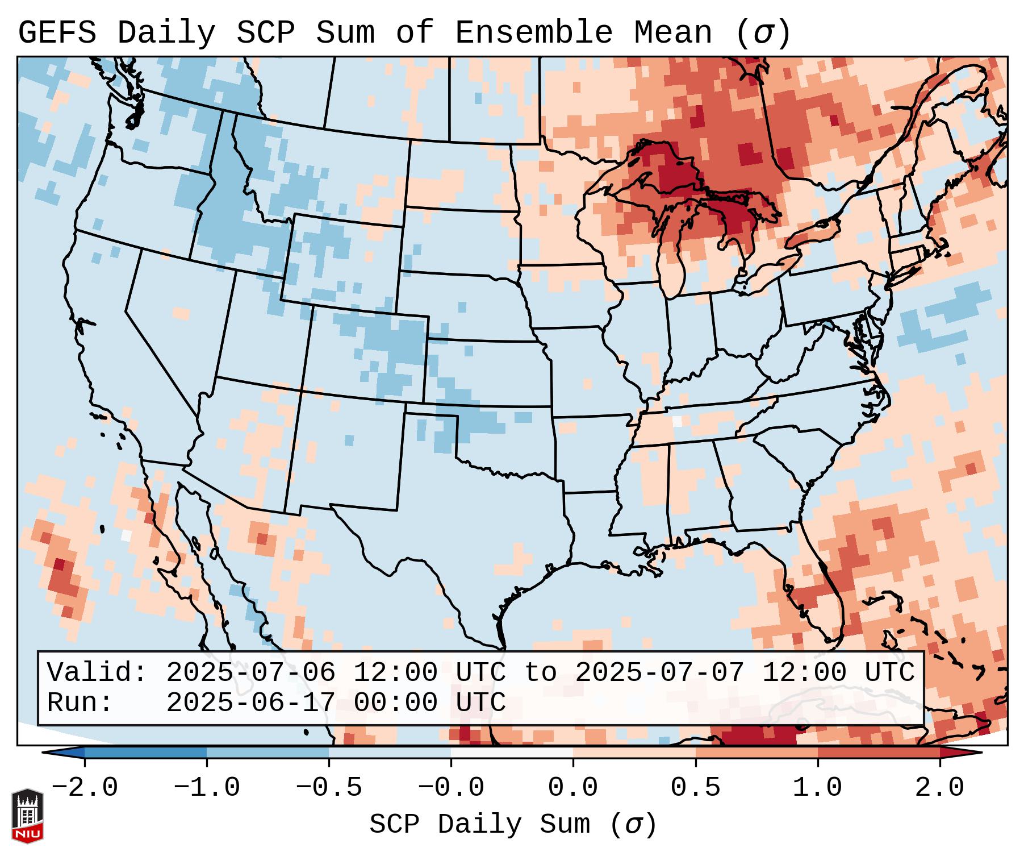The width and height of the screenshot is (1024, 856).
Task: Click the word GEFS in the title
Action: click(x=57, y=33)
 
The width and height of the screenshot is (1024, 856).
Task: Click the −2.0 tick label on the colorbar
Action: click(x=84, y=788)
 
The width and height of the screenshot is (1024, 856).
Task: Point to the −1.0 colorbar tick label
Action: click(x=206, y=788)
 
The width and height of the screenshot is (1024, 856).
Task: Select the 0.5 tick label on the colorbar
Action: click(x=695, y=788)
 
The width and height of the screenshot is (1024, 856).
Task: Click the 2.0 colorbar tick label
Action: click(x=939, y=788)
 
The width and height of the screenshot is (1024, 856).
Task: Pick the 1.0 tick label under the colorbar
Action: click(x=817, y=788)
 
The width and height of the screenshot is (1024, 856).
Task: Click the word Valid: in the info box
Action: click(x=97, y=673)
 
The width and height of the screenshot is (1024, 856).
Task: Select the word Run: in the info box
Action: click(x=80, y=703)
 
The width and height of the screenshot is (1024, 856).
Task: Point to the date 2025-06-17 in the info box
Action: click(x=250, y=703)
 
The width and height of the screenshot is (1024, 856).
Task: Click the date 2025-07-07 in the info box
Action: click(x=659, y=673)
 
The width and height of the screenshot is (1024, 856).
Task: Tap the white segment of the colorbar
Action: click(x=512, y=753)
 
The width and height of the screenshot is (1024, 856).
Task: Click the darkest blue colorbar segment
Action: click(x=145, y=753)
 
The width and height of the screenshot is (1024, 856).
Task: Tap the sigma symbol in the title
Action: click(x=763, y=33)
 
